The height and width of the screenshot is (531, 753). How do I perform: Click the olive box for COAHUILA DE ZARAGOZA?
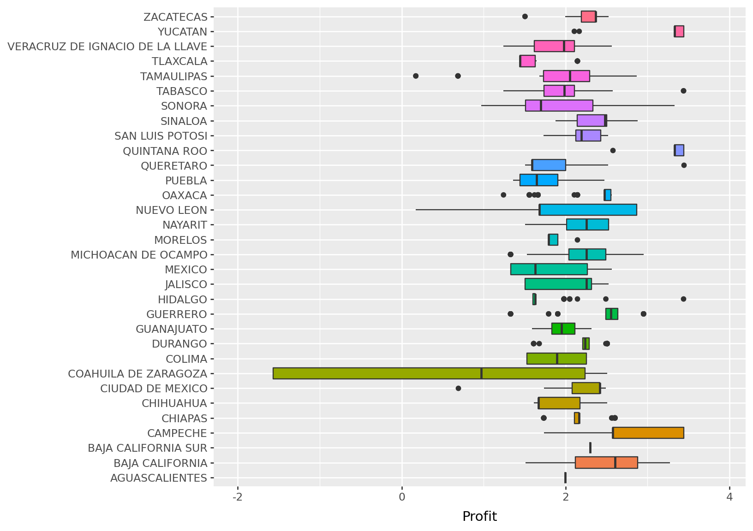429,373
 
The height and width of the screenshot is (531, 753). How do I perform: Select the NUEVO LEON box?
588,210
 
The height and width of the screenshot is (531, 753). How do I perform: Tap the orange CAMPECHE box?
648,433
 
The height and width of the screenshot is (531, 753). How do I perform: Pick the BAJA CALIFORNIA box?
606,463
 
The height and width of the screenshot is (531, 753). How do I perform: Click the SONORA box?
559,106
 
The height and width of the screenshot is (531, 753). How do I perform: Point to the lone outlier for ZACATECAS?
525,17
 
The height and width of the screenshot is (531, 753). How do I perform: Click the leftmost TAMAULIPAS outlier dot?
416,76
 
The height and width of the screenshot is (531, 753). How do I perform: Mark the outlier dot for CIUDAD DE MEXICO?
458,388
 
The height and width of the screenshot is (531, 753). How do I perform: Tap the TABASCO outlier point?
683,91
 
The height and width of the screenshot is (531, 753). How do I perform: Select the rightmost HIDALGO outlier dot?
683,299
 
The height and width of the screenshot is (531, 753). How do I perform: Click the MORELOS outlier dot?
577,240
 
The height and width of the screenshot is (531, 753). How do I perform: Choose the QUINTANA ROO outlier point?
613,150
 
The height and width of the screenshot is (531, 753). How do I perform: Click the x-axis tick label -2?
238,497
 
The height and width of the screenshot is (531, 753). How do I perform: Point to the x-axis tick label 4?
729,497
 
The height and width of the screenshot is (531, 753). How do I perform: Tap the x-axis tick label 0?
402,497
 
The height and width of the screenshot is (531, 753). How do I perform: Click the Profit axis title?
479,517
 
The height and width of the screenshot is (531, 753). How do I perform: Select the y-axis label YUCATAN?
182,32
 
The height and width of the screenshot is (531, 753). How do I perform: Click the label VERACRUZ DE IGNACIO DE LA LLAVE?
108,47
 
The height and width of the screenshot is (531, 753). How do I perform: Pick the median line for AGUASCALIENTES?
565,478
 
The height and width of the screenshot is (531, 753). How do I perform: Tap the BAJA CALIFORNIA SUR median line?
590,448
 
